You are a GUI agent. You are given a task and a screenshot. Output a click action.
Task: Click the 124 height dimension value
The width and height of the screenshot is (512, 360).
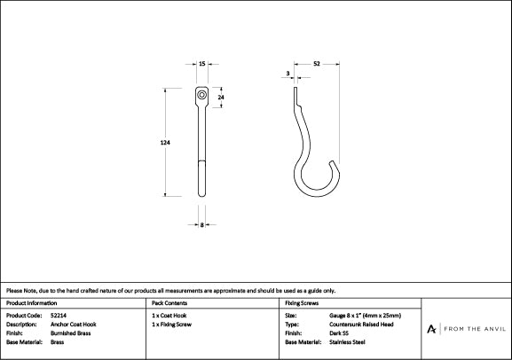165,142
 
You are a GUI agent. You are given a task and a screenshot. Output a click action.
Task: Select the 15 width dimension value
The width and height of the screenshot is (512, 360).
202,64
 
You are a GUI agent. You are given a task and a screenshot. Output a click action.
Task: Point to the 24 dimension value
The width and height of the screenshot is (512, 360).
221,98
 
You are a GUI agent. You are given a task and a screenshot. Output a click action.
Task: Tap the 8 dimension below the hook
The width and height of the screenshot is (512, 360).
202,224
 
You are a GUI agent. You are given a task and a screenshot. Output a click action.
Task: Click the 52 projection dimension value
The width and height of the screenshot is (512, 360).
317,64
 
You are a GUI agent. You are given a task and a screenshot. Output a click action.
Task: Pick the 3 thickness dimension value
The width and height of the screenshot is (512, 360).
288,74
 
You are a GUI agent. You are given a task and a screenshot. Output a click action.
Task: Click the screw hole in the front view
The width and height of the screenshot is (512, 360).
201,95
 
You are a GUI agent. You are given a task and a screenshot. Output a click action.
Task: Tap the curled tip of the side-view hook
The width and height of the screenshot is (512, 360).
333,162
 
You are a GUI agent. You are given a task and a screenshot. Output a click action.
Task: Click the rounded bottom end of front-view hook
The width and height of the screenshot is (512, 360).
202,194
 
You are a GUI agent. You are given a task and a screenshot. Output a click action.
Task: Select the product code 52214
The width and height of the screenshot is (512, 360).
59,316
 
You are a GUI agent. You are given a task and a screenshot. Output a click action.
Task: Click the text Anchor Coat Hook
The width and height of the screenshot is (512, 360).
74,325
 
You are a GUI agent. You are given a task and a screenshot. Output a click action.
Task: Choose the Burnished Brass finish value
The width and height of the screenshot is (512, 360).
70,333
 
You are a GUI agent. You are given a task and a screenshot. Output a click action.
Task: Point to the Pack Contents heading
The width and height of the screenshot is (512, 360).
169,303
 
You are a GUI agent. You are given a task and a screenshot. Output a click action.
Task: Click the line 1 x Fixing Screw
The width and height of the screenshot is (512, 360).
172,325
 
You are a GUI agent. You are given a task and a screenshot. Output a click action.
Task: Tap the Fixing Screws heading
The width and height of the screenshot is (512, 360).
302,303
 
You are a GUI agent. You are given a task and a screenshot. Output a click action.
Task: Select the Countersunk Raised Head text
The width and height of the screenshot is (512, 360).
361,325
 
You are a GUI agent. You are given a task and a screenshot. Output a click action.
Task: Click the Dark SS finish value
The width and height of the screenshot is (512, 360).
339,333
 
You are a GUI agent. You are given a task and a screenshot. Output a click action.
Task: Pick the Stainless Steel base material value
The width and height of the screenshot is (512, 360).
347,341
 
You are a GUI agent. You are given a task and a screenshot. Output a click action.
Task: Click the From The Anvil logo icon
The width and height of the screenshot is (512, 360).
431,329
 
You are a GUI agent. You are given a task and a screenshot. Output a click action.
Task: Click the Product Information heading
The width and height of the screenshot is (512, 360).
31,303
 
